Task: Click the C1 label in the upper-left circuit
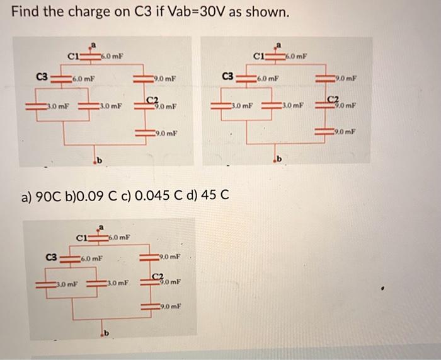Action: click(74, 56)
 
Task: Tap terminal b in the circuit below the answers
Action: click(105, 332)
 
